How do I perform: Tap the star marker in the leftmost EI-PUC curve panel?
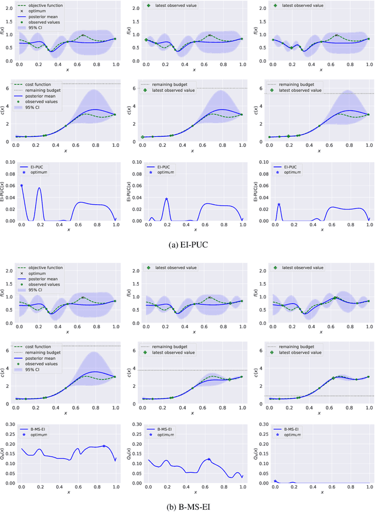[x=22, y=185]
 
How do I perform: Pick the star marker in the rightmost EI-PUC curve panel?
[x=279, y=204]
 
